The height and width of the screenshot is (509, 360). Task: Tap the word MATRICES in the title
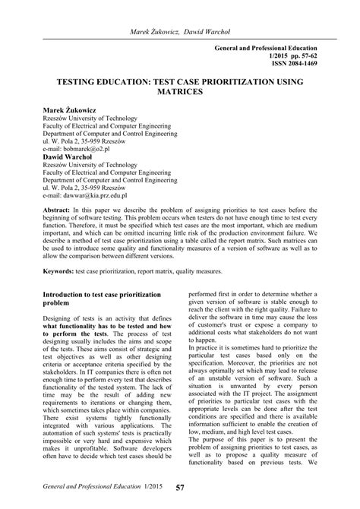pyautogui.click(x=179, y=90)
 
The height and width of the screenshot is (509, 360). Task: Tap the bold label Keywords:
pyautogui.click(x=62, y=270)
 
